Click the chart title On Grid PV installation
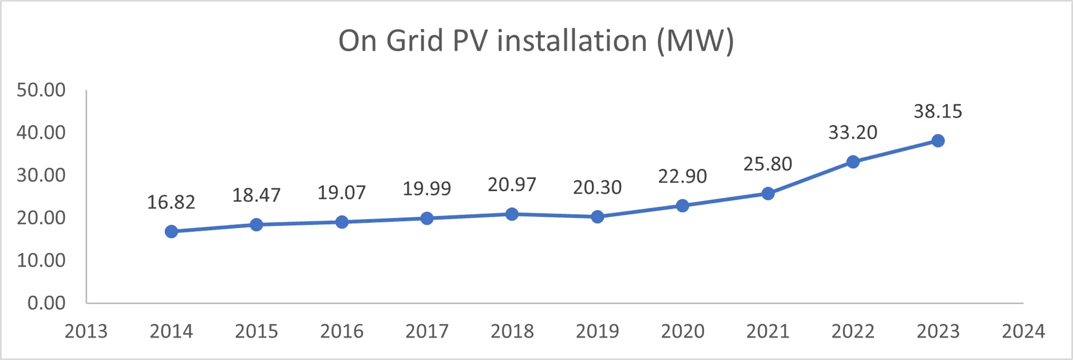(x=536, y=41)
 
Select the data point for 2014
(x=172, y=231)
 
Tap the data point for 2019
(x=597, y=217)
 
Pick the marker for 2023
(x=938, y=141)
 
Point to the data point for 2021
(x=768, y=193)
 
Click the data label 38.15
(x=938, y=111)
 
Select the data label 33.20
(x=853, y=132)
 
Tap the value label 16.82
(x=171, y=202)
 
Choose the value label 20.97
(x=512, y=184)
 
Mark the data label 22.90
(x=682, y=177)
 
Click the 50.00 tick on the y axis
(x=41, y=90)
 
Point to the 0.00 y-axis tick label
(x=46, y=303)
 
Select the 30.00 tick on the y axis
(x=41, y=175)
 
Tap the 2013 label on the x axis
(x=86, y=331)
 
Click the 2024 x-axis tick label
(x=1023, y=331)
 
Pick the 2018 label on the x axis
(x=512, y=331)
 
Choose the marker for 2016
(x=342, y=222)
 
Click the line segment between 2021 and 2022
(x=810, y=178)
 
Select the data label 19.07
(x=341, y=193)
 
